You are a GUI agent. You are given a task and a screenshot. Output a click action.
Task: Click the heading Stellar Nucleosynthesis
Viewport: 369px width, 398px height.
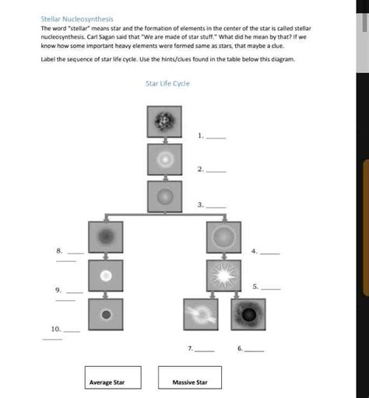click(x=77, y=19)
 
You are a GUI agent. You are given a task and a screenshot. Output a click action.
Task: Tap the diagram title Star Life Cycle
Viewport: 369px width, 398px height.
click(x=167, y=83)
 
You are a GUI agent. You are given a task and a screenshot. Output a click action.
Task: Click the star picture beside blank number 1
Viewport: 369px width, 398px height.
click(x=164, y=121)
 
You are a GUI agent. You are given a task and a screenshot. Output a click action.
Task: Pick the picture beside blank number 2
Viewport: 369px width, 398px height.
click(x=164, y=159)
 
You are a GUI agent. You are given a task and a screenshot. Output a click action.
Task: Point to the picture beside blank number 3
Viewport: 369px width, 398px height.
click(x=164, y=196)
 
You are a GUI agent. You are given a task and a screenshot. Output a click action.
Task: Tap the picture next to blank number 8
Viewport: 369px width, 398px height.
click(x=105, y=237)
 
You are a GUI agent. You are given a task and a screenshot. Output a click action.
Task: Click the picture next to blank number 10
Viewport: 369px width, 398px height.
click(x=105, y=314)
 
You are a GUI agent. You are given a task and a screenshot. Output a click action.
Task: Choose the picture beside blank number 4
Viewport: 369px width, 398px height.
click(x=223, y=237)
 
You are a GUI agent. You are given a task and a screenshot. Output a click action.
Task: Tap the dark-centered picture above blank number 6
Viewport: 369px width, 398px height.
click(x=248, y=314)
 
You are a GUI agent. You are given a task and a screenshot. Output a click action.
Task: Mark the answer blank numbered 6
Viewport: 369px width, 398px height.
click(x=254, y=351)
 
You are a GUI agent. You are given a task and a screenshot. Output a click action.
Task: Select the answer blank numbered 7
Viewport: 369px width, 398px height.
click(x=204, y=351)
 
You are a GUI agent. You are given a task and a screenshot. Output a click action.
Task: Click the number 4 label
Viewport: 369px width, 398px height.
click(x=254, y=252)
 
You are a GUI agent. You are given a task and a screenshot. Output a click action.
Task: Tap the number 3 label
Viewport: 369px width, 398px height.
click(x=200, y=204)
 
